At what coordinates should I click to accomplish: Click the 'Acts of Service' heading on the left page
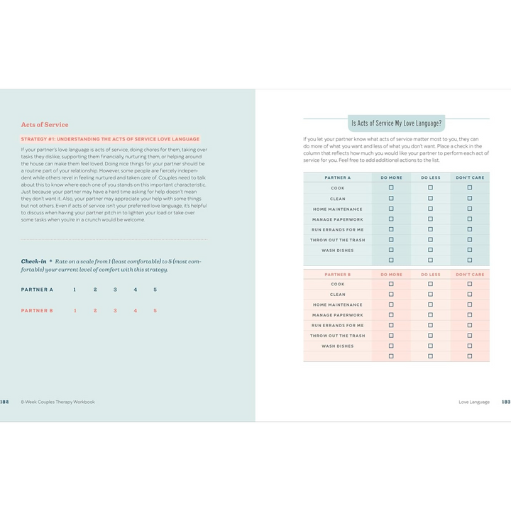click(x=45, y=125)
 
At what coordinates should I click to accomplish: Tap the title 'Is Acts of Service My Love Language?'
click(x=396, y=123)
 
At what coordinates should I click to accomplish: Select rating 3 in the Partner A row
click(x=115, y=290)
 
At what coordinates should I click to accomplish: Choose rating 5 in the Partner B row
click(x=155, y=310)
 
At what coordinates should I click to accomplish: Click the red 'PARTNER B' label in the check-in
click(x=37, y=310)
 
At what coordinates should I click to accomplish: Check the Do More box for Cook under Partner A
click(x=391, y=188)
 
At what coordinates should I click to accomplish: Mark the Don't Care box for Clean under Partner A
click(x=469, y=199)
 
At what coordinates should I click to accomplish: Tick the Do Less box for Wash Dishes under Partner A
click(x=430, y=251)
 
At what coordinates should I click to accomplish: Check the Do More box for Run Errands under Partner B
click(x=391, y=325)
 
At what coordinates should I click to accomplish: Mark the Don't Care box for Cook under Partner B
click(x=469, y=284)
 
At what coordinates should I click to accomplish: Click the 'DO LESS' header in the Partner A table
click(x=430, y=177)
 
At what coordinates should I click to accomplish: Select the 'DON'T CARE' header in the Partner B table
click(x=470, y=274)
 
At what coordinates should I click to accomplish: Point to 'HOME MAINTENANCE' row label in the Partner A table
click(x=337, y=209)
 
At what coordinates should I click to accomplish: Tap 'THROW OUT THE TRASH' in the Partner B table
click(x=337, y=336)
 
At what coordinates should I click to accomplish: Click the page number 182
click(x=4, y=402)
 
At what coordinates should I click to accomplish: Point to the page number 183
click(x=505, y=402)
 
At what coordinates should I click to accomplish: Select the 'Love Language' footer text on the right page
click(x=474, y=402)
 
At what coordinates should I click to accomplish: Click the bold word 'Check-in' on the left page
click(x=33, y=261)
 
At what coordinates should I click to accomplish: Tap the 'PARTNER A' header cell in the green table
click(x=337, y=177)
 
